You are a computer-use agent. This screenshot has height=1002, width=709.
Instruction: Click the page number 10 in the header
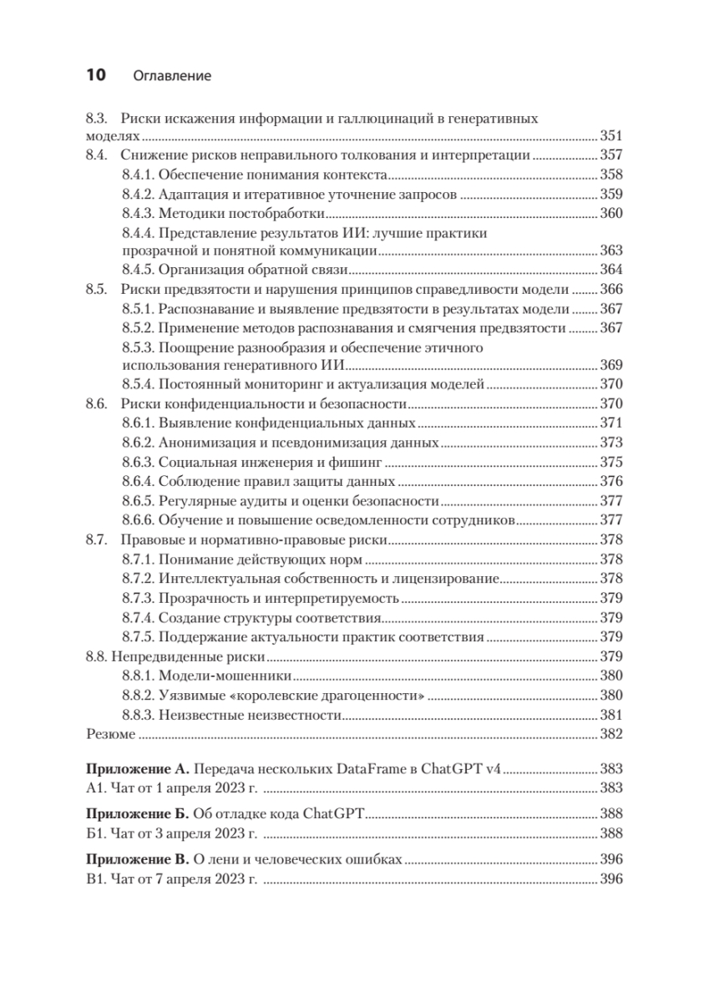click(x=95, y=76)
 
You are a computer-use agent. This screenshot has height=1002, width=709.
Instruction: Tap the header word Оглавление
click(x=172, y=77)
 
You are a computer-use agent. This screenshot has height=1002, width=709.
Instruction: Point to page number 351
click(x=612, y=137)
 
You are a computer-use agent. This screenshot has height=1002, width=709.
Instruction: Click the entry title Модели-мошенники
click(x=225, y=676)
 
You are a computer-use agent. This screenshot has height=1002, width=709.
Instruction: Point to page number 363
click(x=612, y=250)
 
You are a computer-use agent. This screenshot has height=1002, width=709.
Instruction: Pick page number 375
click(x=612, y=462)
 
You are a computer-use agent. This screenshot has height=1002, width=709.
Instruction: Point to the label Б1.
click(x=94, y=834)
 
